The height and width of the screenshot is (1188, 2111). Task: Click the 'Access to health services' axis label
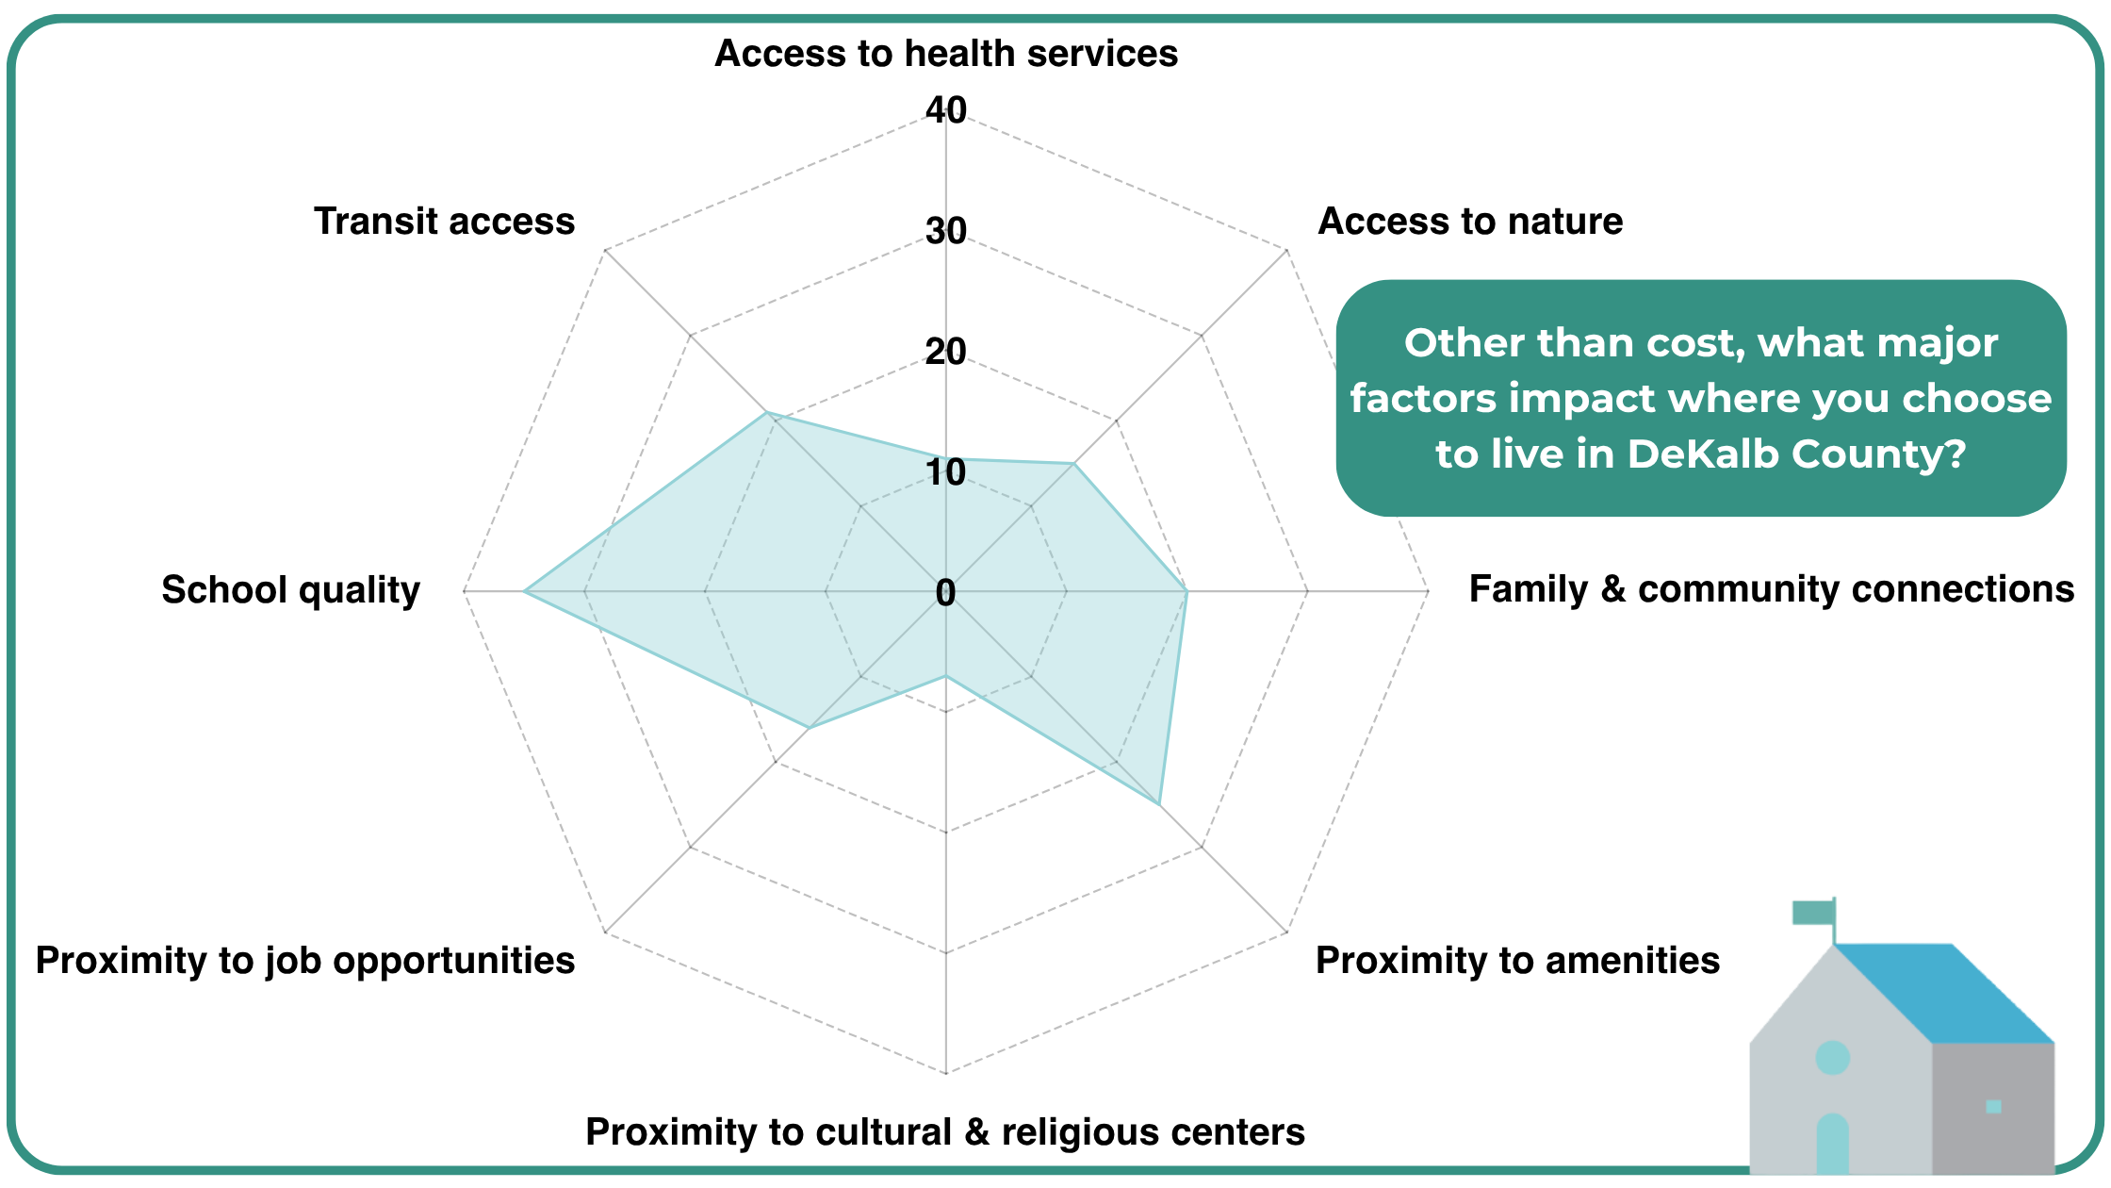[946, 54]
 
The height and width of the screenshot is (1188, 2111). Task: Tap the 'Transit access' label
[444, 222]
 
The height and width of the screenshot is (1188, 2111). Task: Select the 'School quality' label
[290, 590]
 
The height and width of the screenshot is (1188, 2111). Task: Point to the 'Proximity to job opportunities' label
[304, 961]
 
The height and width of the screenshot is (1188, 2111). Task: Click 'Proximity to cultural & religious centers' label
[945, 1131]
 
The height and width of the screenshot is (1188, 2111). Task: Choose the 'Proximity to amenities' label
[1517, 961]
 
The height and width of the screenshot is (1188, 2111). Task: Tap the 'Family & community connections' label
[1771, 589]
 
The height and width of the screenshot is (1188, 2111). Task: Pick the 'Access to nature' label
[1470, 222]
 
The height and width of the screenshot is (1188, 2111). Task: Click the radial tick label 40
[946, 110]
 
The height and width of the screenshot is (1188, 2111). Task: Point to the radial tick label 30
[946, 231]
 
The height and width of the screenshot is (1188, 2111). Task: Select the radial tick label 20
[946, 352]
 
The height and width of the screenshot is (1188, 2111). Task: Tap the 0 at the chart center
[945, 593]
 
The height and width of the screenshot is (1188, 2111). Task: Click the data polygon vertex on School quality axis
[524, 591]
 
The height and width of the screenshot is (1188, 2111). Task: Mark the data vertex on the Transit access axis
[766, 412]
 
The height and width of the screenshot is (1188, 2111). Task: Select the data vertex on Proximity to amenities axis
[1158, 804]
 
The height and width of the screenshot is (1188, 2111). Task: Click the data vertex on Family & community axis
[1186, 591]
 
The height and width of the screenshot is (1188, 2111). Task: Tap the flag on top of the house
[1812, 913]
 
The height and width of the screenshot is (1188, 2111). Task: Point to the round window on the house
[1832, 1058]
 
